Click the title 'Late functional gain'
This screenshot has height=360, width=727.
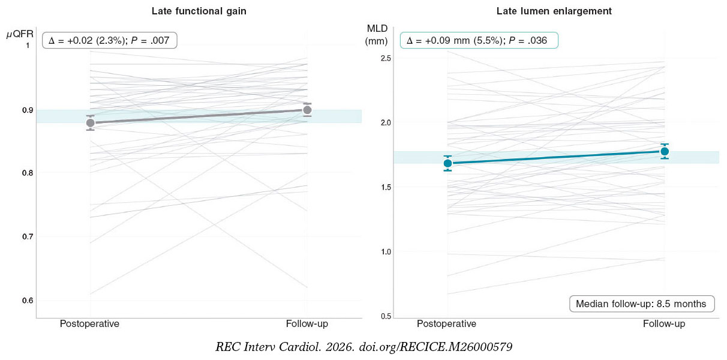(x=199, y=11)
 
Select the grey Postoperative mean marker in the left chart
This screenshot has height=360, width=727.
(x=90, y=123)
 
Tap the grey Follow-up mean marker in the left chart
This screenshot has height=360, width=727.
(x=307, y=110)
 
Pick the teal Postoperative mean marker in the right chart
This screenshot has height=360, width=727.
(x=447, y=163)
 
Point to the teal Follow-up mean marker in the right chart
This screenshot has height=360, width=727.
(x=665, y=151)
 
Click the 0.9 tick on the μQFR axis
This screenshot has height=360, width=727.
(x=26, y=110)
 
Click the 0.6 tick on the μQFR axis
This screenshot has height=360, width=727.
(x=26, y=301)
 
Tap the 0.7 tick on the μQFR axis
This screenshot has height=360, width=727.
(x=26, y=236)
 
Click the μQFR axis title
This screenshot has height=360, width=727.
(x=20, y=35)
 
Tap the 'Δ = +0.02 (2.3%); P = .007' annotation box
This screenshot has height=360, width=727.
(x=110, y=41)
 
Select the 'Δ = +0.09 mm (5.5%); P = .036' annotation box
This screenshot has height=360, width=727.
(x=479, y=41)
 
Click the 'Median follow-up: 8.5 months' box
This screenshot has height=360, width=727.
(x=641, y=304)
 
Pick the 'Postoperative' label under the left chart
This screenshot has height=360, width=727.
(x=89, y=324)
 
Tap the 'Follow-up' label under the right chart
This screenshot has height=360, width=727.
(x=664, y=324)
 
